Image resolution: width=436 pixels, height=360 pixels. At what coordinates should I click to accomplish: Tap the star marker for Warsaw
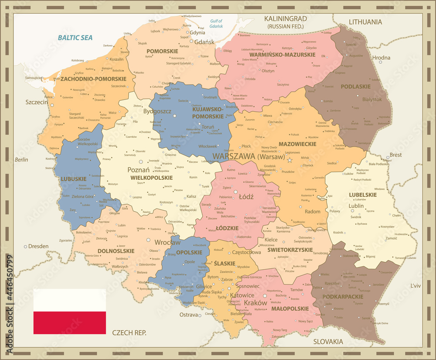[289, 160]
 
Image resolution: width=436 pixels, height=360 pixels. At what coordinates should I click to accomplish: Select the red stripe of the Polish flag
[70, 323]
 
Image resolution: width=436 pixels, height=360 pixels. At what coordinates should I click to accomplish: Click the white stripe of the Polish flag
[70, 300]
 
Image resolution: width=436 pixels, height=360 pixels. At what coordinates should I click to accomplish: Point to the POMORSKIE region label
[162, 51]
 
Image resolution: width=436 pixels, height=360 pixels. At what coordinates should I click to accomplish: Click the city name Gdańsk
[204, 42]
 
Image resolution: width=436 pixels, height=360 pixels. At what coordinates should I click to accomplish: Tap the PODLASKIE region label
[356, 86]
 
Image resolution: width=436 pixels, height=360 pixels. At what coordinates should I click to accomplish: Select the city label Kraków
[255, 302]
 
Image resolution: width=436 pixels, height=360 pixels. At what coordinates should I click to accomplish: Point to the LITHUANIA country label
[365, 22]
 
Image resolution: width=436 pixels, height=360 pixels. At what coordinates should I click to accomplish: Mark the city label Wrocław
[167, 242]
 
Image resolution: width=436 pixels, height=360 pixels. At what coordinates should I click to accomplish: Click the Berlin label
[21, 160]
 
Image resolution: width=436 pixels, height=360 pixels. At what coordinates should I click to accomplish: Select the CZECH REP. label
[129, 333]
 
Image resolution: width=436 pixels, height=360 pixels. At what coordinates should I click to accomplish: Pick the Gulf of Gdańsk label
[216, 24]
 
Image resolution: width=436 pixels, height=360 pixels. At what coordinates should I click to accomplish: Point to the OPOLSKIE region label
[189, 252]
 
